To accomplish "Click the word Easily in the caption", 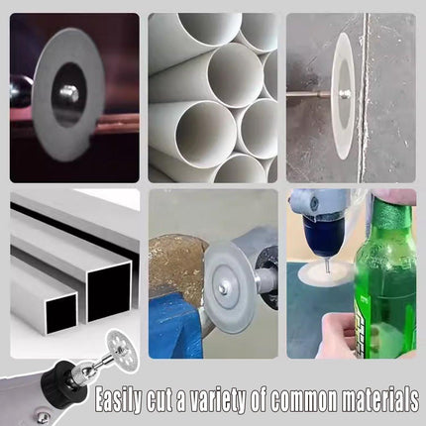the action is [x=119, y=400].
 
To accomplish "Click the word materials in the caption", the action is [x=379, y=399].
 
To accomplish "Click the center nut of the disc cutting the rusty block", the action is [x=222, y=290].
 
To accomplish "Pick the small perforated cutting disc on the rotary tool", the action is [x=120, y=345].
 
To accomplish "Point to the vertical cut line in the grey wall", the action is [x=365, y=98].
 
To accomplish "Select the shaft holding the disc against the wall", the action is [x=309, y=95].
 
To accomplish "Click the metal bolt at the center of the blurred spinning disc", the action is [x=69, y=93].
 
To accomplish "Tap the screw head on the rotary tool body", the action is [x=41, y=418].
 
